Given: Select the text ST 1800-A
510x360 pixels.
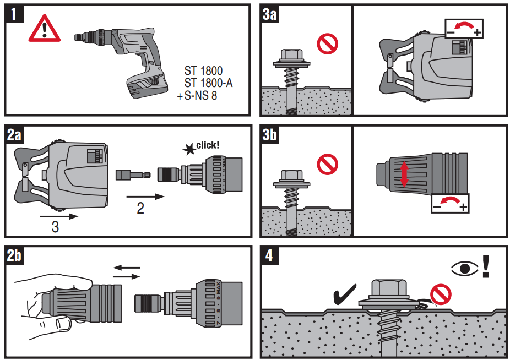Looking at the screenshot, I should pyautogui.click(x=208, y=83).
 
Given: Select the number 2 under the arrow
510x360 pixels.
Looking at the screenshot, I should pyautogui.click(x=140, y=209).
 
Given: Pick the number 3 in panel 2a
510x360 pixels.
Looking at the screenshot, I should pyautogui.click(x=55, y=226).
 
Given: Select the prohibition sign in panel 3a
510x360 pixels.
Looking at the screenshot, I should pyautogui.click(x=327, y=43).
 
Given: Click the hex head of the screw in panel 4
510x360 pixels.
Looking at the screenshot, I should pyautogui.click(x=389, y=287).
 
